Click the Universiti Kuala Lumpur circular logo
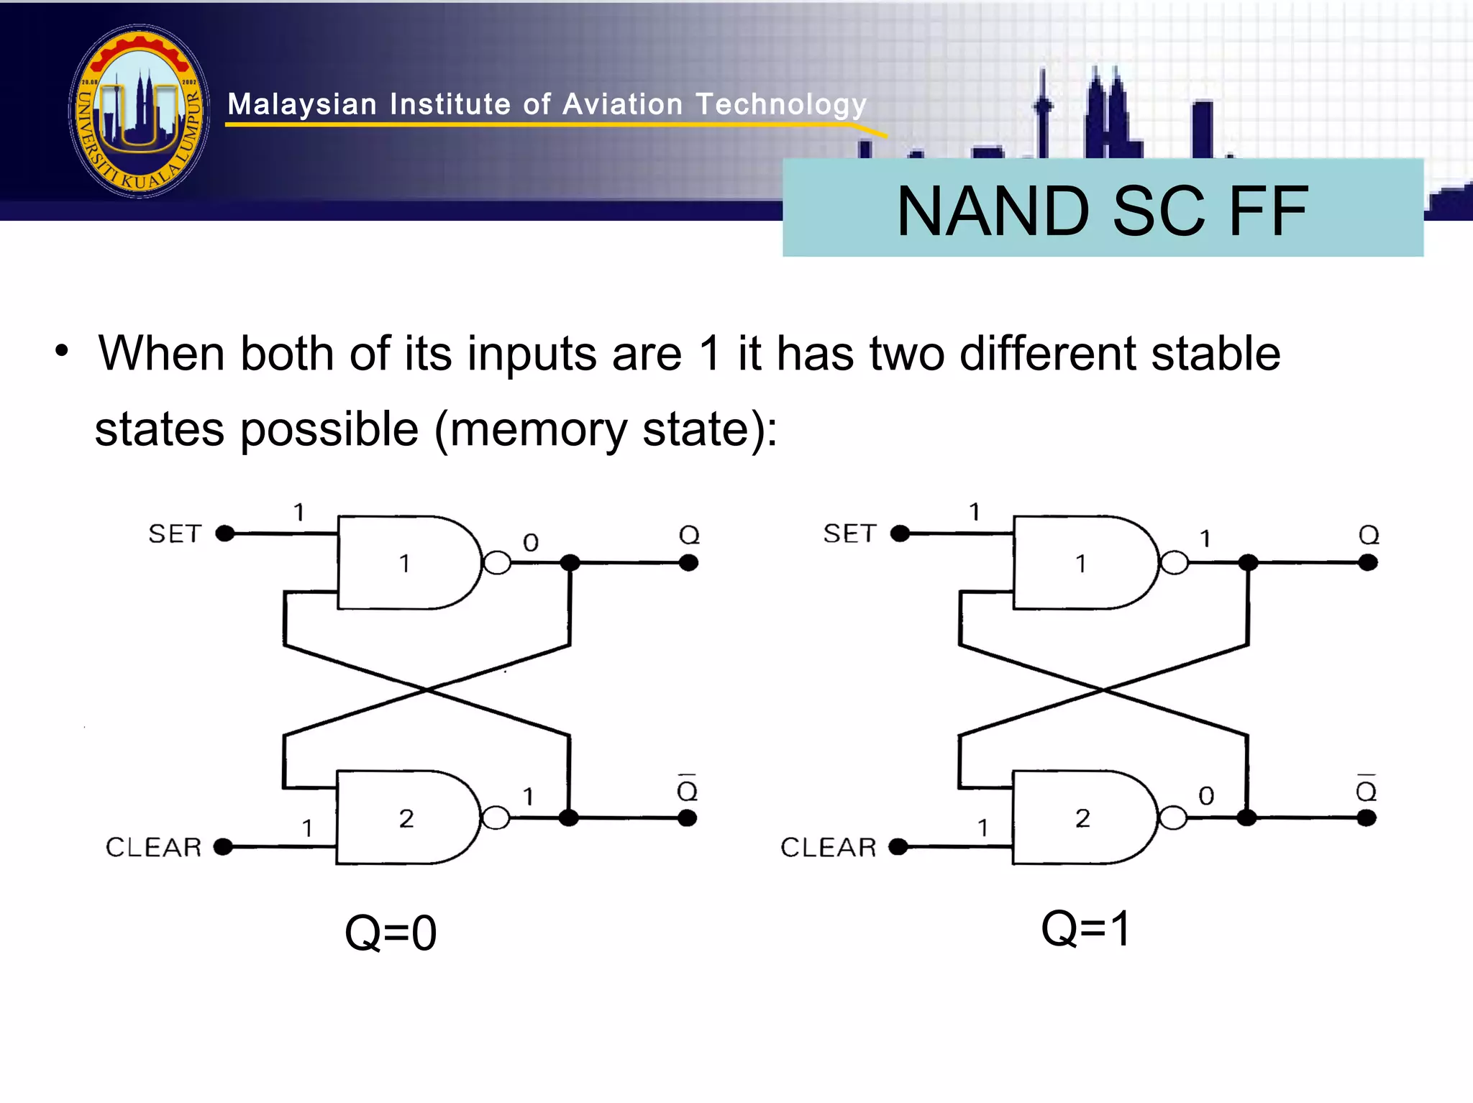(x=139, y=111)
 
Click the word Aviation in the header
(x=622, y=105)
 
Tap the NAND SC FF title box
(x=1102, y=209)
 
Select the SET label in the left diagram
(x=175, y=534)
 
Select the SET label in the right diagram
(x=849, y=534)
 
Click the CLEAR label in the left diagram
(x=153, y=847)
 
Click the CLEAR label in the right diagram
(x=829, y=847)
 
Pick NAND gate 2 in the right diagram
(x=1082, y=818)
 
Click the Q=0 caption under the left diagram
(x=391, y=933)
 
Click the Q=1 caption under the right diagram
(x=1086, y=928)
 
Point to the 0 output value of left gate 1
(x=531, y=542)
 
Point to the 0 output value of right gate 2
(x=1206, y=796)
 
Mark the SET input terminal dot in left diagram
(x=225, y=534)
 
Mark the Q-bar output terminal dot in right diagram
(x=1367, y=818)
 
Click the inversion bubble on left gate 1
(x=497, y=563)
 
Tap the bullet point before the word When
(x=63, y=352)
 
